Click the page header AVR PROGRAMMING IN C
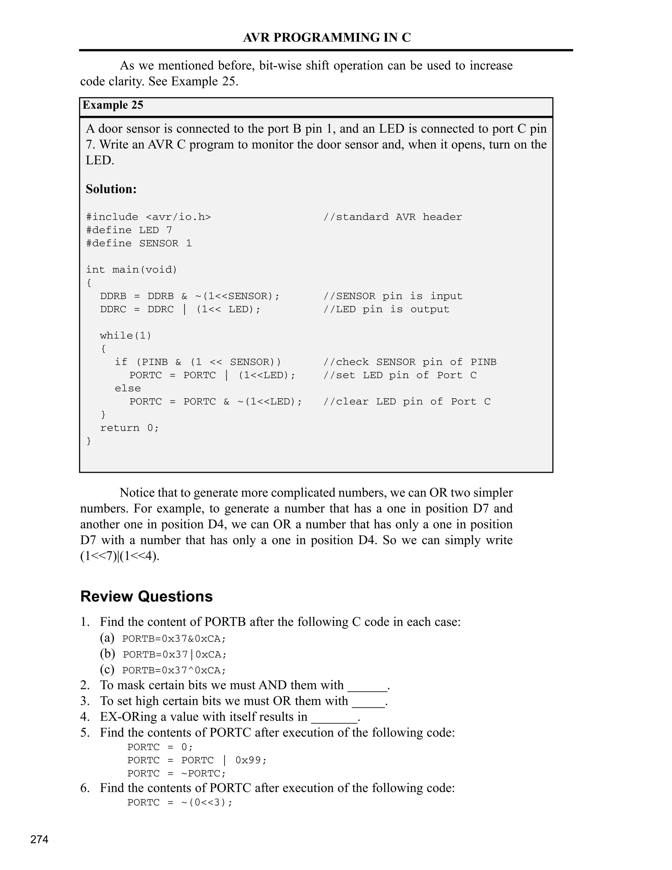[x=326, y=37]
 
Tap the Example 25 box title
[x=113, y=105]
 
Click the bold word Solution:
[x=111, y=189]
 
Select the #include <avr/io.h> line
[x=149, y=217]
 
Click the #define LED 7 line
[x=129, y=230]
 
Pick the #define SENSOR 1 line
[x=139, y=243]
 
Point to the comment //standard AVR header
[x=392, y=217]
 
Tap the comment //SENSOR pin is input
[x=392, y=296]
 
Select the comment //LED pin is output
[x=386, y=310]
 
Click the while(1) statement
[x=126, y=336]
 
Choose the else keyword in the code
[x=128, y=388]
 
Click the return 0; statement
[x=129, y=428]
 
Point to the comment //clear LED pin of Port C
[x=407, y=402]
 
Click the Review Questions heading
[x=146, y=596]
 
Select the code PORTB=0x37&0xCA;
[x=174, y=639]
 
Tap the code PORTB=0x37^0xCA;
[x=174, y=670]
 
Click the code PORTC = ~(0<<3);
[x=180, y=802]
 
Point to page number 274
[x=39, y=840]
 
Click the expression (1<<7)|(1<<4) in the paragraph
[x=119, y=556]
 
